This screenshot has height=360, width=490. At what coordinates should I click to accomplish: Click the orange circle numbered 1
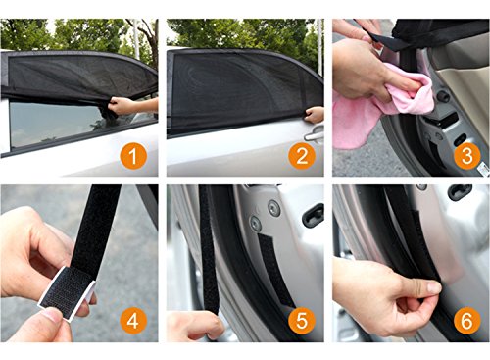[x=133, y=156]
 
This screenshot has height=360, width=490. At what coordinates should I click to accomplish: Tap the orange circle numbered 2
[x=302, y=156]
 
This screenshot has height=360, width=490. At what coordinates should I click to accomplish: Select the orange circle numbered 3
[x=467, y=156]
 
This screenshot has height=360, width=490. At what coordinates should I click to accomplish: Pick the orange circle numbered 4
[x=133, y=321]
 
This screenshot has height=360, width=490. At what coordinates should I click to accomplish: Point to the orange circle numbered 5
[x=302, y=320]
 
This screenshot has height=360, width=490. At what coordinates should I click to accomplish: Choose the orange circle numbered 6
[x=467, y=320]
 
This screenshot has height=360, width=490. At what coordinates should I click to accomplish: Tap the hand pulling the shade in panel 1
[x=122, y=105]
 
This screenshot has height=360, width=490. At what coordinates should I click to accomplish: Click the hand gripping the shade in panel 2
[x=315, y=115]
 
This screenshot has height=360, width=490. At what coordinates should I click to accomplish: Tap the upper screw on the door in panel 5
[x=273, y=208]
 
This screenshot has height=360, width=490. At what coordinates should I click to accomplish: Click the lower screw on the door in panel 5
[x=256, y=224]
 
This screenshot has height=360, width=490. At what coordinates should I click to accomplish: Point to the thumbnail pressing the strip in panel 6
[x=435, y=287]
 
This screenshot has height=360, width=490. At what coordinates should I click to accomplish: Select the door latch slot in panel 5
[x=313, y=215]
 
